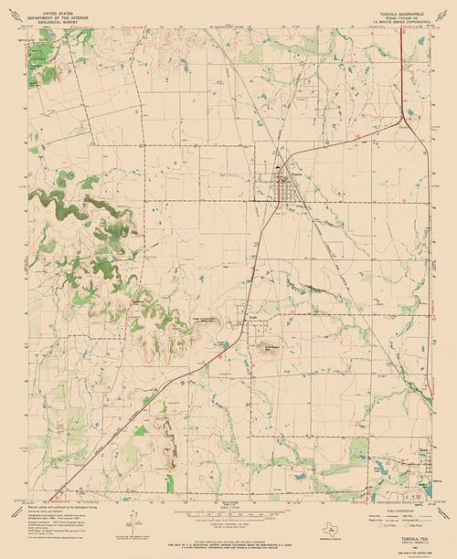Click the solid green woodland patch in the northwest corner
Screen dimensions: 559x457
[x=40, y=60]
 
